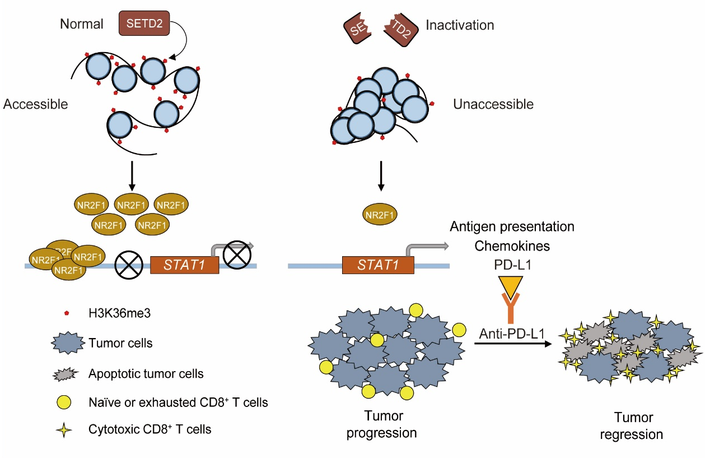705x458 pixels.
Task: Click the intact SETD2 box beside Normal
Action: pyautogui.click(x=144, y=24)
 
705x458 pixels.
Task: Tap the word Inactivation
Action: pyautogui.click(x=460, y=25)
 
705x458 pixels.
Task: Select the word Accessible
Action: pyautogui.click(x=36, y=104)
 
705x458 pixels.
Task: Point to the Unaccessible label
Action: pyautogui.click(x=493, y=104)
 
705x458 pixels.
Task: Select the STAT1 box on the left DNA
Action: pyautogui.click(x=184, y=265)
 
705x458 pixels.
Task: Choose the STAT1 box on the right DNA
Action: pyautogui.click(x=378, y=265)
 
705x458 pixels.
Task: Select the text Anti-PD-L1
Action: pyautogui.click(x=512, y=334)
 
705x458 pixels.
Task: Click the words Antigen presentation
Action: pyautogui.click(x=512, y=227)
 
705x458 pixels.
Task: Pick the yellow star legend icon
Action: pyautogui.click(x=66, y=430)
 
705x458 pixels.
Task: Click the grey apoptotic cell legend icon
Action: pyautogui.click(x=66, y=373)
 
